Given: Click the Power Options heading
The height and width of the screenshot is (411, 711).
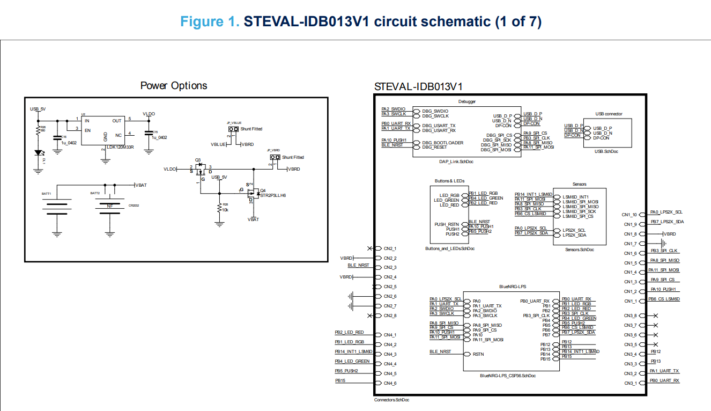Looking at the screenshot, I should pos(173,86).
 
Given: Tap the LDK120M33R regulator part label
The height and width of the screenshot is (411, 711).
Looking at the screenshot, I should pos(120,146).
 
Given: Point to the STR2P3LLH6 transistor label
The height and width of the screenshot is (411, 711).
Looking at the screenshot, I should pos(273,196).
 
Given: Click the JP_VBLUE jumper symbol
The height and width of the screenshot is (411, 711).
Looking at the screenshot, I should pos(233,129).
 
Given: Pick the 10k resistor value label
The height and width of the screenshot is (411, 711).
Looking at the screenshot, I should pos(226,209).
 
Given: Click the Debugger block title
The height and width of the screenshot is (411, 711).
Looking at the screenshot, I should pos(466,101).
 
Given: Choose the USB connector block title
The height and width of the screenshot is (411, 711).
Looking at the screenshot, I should pos(609,114).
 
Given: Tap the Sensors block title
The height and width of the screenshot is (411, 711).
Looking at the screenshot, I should pos(579,184).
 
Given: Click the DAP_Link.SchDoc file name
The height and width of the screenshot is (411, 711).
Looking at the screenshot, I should pos(466,160).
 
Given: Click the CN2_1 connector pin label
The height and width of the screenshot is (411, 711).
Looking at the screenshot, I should pos(390,248).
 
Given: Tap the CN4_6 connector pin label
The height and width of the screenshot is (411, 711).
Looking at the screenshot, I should pos(390,383).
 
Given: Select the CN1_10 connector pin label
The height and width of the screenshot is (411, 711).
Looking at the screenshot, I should pos(629,215).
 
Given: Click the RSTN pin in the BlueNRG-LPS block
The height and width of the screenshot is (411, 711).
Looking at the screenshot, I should pos(478,354).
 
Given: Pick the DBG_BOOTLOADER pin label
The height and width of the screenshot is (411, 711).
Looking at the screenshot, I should pos(442,143).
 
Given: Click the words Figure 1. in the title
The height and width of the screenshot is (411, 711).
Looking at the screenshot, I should pos(210,22).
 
